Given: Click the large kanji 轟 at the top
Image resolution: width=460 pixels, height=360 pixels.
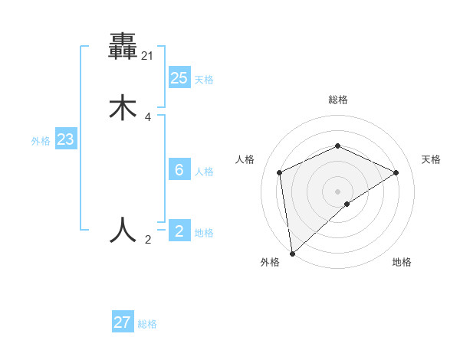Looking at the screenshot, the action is (x=123, y=47).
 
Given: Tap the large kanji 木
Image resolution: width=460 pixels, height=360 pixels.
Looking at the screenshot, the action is (x=123, y=107).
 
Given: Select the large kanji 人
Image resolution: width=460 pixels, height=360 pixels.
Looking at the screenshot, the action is (x=123, y=229).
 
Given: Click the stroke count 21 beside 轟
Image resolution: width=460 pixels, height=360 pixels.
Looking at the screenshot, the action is (x=148, y=56).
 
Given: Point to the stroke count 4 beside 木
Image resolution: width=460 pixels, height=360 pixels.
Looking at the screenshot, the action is (x=148, y=117).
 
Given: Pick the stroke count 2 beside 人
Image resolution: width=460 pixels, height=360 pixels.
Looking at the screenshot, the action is (x=148, y=240).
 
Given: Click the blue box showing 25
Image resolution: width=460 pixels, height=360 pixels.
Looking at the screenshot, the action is (x=179, y=77).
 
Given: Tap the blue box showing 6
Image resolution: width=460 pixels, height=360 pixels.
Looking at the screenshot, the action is (x=179, y=170).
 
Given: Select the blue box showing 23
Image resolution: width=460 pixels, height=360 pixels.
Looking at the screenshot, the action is (x=65, y=139).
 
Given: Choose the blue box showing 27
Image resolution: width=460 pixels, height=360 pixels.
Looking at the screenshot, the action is (x=123, y=322).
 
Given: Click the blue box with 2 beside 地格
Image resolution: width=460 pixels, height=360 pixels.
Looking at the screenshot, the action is (x=179, y=231).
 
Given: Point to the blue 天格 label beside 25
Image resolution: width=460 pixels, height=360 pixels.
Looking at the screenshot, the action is (x=204, y=80).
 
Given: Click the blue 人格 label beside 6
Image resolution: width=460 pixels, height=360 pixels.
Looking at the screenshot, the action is (x=204, y=172).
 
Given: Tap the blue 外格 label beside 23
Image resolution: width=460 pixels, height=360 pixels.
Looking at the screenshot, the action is (x=41, y=141).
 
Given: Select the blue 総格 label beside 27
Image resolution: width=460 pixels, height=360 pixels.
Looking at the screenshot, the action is (x=147, y=324).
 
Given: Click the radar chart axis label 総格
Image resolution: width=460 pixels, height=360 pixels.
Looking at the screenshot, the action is (x=338, y=100).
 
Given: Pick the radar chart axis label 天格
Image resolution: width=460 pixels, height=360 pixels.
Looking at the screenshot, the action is (x=431, y=159).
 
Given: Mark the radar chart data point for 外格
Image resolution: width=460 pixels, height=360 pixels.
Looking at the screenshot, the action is (x=291, y=254).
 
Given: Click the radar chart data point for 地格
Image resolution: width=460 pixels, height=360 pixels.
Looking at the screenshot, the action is (x=347, y=204).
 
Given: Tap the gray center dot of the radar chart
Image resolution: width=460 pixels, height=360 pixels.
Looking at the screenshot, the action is (x=337, y=191).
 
